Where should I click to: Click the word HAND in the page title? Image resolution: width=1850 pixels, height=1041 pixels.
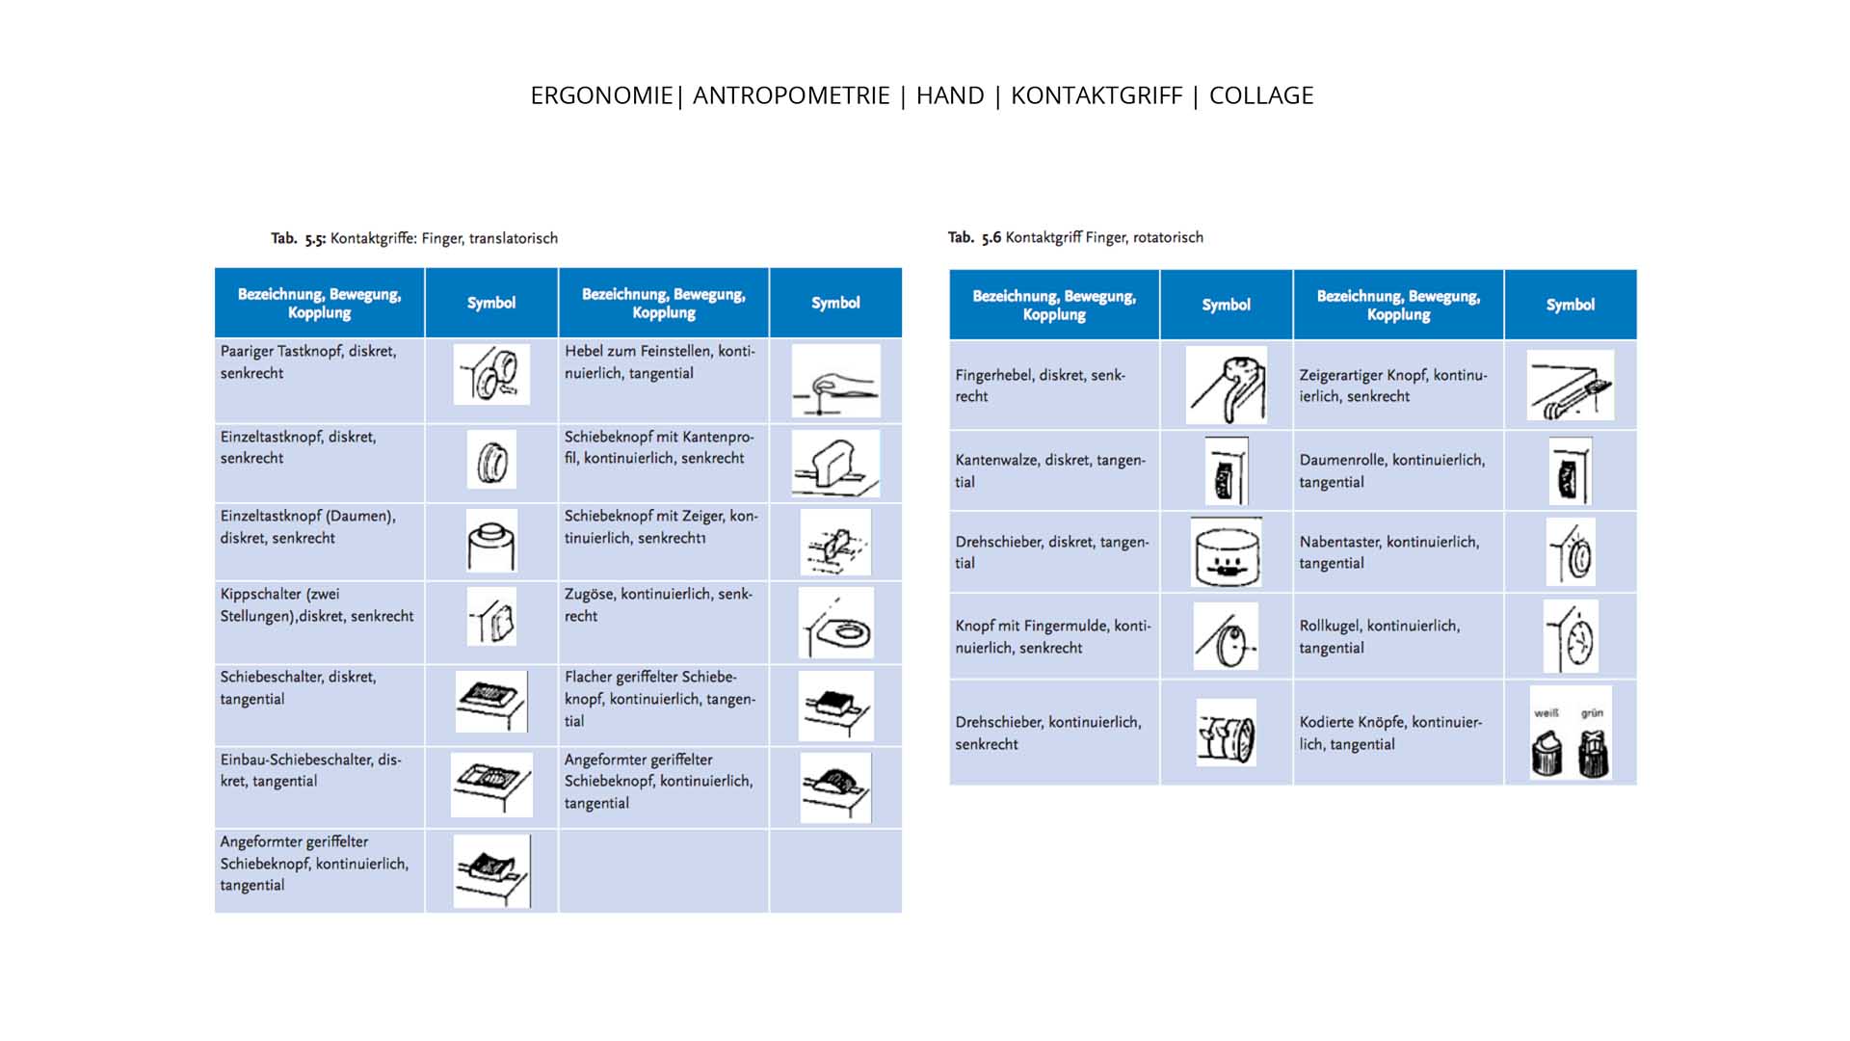pos(949,95)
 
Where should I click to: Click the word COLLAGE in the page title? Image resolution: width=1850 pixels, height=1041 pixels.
pos(1260,95)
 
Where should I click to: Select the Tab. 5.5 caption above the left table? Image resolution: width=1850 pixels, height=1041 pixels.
pos(414,238)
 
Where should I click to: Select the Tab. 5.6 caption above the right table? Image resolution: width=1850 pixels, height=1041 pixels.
pos(1075,237)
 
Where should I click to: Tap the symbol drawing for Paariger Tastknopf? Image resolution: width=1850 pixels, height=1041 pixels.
pos(491,375)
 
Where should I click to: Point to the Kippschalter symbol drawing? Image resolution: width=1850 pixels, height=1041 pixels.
pos(491,617)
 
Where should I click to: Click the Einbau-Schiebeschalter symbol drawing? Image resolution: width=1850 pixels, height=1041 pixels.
pos(491,785)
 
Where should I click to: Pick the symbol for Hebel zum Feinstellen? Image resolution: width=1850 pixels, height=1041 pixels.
pos(835,381)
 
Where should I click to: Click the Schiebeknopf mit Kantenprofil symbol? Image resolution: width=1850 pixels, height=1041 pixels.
pos(835,464)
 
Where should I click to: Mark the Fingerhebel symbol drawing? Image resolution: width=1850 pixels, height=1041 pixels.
pos(1226,386)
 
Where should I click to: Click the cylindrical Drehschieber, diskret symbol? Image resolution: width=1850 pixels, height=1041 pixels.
pos(1226,552)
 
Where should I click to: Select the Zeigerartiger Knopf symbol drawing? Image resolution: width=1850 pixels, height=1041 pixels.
pos(1570,386)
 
